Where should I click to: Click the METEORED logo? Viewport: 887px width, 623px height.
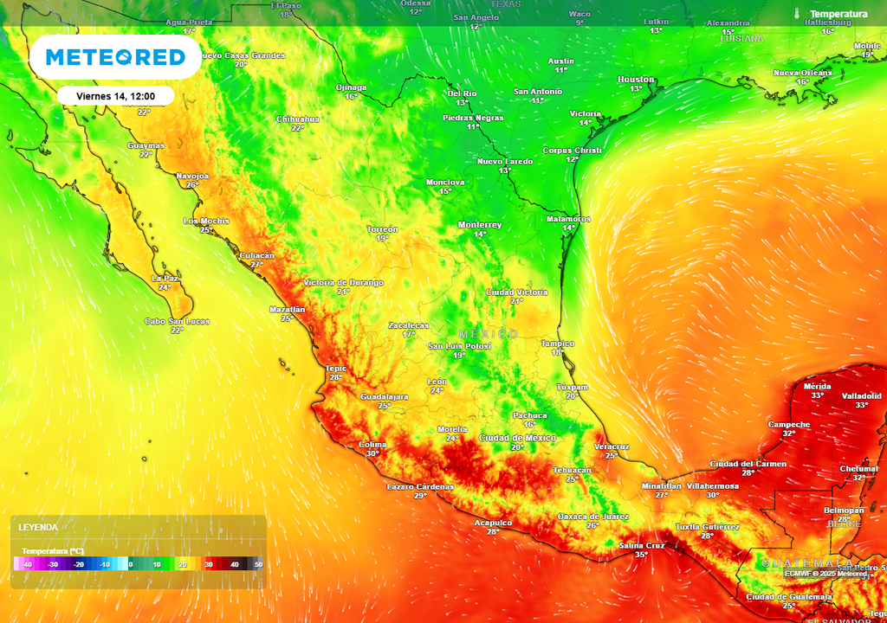(x=115, y=57)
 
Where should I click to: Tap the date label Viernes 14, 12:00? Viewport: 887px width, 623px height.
(x=116, y=95)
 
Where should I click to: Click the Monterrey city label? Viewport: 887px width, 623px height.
(x=480, y=225)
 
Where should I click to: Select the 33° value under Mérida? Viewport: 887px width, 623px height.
(x=818, y=395)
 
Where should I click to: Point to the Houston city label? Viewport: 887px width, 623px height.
(x=636, y=80)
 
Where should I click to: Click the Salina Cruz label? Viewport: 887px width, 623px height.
(x=642, y=545)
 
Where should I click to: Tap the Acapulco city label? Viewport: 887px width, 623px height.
(x=493, y=523)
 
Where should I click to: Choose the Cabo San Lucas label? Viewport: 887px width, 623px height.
(x=177, y=321)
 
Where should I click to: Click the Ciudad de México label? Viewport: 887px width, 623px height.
(x=517, y=438)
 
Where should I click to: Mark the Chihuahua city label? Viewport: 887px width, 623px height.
(x=297, y=119)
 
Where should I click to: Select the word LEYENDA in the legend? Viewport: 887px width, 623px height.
(x=38, y=527)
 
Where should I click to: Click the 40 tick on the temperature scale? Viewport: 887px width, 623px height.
(x=235, y=564)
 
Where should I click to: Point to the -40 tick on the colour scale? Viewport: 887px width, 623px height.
(x=28, y=564)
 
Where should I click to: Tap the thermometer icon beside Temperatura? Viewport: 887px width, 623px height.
(x=796, y=14)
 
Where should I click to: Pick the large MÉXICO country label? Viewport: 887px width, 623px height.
(x=489, y=334)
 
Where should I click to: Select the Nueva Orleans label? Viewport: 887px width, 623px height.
(x=802, y=73)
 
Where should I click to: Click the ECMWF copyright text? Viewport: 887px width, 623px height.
(x=826, y=573)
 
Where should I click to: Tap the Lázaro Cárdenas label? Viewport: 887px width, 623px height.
(x=420, y=486)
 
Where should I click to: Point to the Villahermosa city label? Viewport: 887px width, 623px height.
(x=713, y=486)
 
